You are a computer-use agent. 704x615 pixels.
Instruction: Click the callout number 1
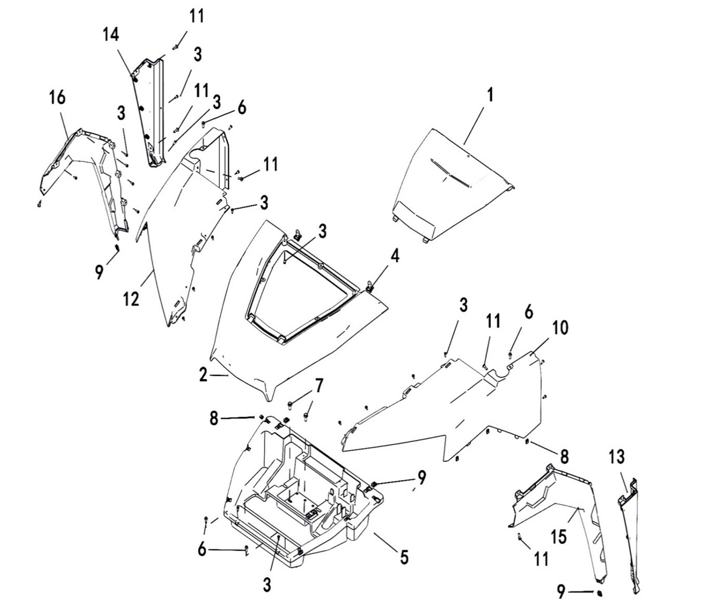tap(490, 96)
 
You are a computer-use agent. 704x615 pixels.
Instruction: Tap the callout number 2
tap(203, 375)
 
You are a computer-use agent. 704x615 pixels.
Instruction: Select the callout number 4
tap(395, 256)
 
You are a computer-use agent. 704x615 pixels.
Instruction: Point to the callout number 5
tap(404, 557)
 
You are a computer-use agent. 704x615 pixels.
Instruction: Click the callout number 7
tap(319, 385)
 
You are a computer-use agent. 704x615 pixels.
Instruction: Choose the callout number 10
tap(561, 327)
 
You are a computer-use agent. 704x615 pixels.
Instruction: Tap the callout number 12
tap(132, 298)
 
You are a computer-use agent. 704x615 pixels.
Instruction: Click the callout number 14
tap(110, 35)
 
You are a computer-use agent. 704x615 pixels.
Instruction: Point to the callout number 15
tap(559, 536)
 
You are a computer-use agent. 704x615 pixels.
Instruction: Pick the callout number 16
tap(58, 97)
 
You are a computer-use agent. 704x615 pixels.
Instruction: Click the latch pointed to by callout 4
tap(370, 283)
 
